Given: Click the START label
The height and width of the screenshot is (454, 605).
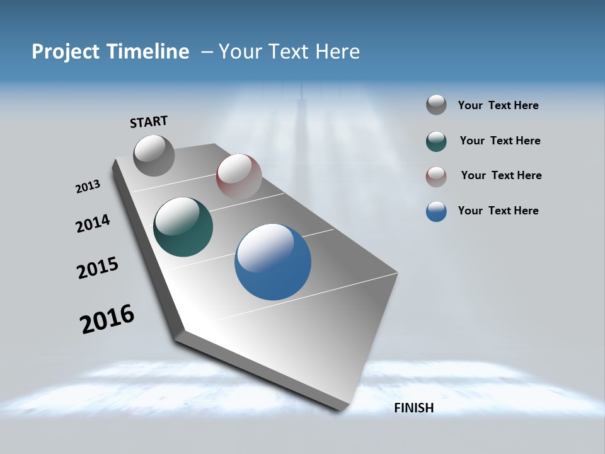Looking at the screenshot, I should click(x=149, y=122).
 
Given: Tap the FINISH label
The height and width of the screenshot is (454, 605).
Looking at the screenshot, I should click(x=413, y=408).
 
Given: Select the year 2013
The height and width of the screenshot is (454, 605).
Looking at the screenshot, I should click(x=88, y=187).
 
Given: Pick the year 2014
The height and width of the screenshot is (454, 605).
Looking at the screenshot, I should click(x=93, y=223).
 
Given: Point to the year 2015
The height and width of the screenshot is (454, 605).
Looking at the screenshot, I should click(x=98, y=268).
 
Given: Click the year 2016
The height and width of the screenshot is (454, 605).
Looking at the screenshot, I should click(x=107, y=318).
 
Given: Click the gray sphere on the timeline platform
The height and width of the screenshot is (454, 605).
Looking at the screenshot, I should click(x=154, y=155).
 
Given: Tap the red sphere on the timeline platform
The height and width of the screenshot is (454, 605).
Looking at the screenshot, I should click(x=239, y=177).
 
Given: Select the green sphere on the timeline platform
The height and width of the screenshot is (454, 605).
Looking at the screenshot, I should click(x=183, y=227).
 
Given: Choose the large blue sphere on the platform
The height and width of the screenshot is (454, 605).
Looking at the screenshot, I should click(x=273, y=261).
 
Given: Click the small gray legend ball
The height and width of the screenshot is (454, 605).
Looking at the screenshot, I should click(x=436, y=105).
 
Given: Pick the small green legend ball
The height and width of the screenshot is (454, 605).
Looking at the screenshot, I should click(x=436, y=141).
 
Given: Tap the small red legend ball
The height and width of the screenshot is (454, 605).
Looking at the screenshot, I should click(x=436, y=177).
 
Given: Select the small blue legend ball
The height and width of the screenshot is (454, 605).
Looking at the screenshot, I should click(x=436, y=211).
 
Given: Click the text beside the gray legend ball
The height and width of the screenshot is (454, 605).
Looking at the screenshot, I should click(x=498, y=106).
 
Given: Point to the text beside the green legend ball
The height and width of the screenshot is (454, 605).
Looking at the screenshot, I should click(x=500, y=141).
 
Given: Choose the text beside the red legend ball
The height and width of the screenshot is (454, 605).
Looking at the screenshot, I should click(x=501, y=175).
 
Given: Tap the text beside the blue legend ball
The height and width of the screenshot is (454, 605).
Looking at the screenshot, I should click(x=498, y=211).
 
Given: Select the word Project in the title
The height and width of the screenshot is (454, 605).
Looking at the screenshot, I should click(x=64, y=52).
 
